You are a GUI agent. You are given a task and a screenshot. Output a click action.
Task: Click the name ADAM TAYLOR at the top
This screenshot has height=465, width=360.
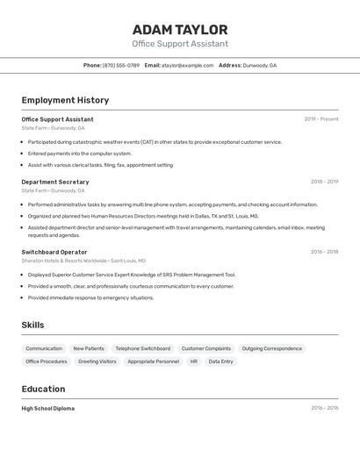pyautogui.click(x=180, y=30)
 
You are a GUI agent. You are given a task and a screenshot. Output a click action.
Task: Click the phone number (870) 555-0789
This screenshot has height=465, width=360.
pyautogui.click(x=120, y=65)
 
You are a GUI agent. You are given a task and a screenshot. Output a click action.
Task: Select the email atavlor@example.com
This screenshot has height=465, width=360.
pyautogui.click(x=187, y=65)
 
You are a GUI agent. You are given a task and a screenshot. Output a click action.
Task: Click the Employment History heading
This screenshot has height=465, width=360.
pyautogui.click(x=65, y=100)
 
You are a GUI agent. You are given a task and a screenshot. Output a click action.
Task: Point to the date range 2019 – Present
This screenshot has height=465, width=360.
pyautogui.click(x=320, y=119)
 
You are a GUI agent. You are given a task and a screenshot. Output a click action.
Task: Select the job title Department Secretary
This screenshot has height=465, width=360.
pyautogui.click(x=55, y=182)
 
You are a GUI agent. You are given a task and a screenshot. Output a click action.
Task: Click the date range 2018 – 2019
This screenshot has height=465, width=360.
pyautogui.click(x=324, y=182)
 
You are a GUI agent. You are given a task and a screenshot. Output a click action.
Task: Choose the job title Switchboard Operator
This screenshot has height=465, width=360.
pyautogui.click(x=54, y=252)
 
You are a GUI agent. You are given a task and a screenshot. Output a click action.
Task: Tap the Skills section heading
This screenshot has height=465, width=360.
pyautogui.click(x=32, y=325)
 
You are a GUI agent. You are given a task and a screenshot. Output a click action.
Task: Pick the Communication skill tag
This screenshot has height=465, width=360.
pyautogui.click(x=44, y=348)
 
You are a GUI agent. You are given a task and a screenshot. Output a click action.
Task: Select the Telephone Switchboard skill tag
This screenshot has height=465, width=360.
pyautogui.click(x=142, y=348)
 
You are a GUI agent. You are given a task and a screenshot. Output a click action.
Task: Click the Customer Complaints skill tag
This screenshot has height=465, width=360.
pyautogui.click(x=206, y=348)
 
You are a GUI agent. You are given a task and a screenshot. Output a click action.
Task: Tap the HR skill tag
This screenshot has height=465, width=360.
pyautogui.click(x=193, y=361)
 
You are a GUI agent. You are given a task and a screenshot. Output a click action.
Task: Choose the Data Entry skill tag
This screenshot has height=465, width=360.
pyautogui.click(x=221, y=361)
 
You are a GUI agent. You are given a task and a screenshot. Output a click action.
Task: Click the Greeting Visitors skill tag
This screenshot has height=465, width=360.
pyautogui.click(x=97, y=361)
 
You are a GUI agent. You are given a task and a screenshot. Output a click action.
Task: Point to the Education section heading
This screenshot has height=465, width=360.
pyautogui.click(x=43, y=389)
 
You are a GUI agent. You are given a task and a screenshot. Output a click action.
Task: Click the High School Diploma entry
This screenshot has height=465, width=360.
pyautogui.click(x=48, y=408)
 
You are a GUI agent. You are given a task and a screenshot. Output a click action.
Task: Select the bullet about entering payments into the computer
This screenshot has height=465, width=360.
pyautogui.click(x=79, y=154)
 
